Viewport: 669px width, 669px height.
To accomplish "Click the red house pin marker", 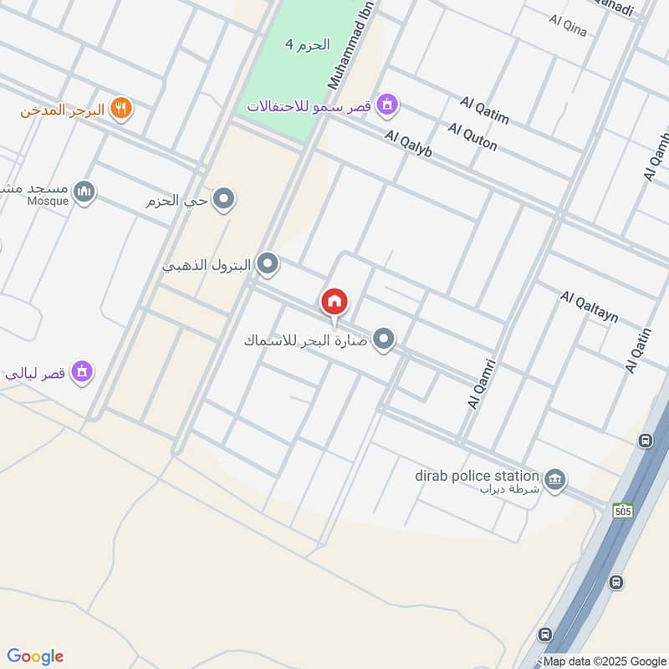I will (334, 302).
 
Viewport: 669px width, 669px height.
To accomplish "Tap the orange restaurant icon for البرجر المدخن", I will (121, 109).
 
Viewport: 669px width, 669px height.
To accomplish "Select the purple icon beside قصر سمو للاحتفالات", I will (387, 105).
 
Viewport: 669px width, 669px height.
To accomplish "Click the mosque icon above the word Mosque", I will (84, 193).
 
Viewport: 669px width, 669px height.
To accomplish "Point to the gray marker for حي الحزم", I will (223, 200).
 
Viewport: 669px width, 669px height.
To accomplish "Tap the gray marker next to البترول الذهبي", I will (268, 265).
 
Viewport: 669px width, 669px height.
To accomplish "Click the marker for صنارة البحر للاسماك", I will (384, 339).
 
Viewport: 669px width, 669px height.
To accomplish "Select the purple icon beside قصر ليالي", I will (81, 371).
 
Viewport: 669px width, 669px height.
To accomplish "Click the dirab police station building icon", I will (554, 480).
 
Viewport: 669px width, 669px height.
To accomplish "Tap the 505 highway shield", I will (622, 510).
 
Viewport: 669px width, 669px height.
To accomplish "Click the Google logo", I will (35, 656).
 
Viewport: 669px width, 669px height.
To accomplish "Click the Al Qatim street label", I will (484, 110).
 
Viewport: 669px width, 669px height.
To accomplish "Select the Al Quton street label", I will (472, 137).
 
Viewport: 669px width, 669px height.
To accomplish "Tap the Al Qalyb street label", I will (408, 144).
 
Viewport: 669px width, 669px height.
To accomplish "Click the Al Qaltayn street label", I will (590, 307).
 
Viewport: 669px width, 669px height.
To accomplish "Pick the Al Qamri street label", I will (483, 384).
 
